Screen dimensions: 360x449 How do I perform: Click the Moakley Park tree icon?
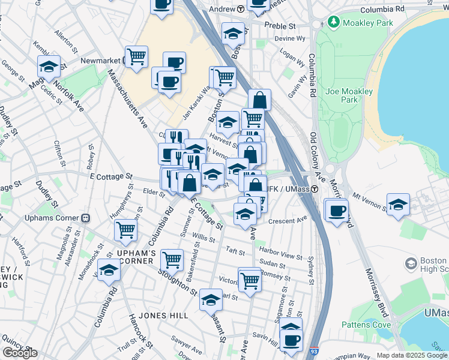pos(334,23)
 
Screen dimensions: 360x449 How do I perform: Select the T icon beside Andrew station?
pos(240,9)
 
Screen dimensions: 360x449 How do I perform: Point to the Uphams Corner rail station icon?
pos(85,217)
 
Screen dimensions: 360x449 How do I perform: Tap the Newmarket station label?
pos(101,61)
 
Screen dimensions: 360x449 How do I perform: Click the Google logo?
pos(20,352)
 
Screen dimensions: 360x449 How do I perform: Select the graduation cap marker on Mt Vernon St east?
pos(398,205)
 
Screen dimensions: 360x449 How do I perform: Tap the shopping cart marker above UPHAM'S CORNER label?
pos(125,230)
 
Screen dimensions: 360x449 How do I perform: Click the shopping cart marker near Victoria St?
pos(249,279)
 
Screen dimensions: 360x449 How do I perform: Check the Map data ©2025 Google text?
pos(411,355)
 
